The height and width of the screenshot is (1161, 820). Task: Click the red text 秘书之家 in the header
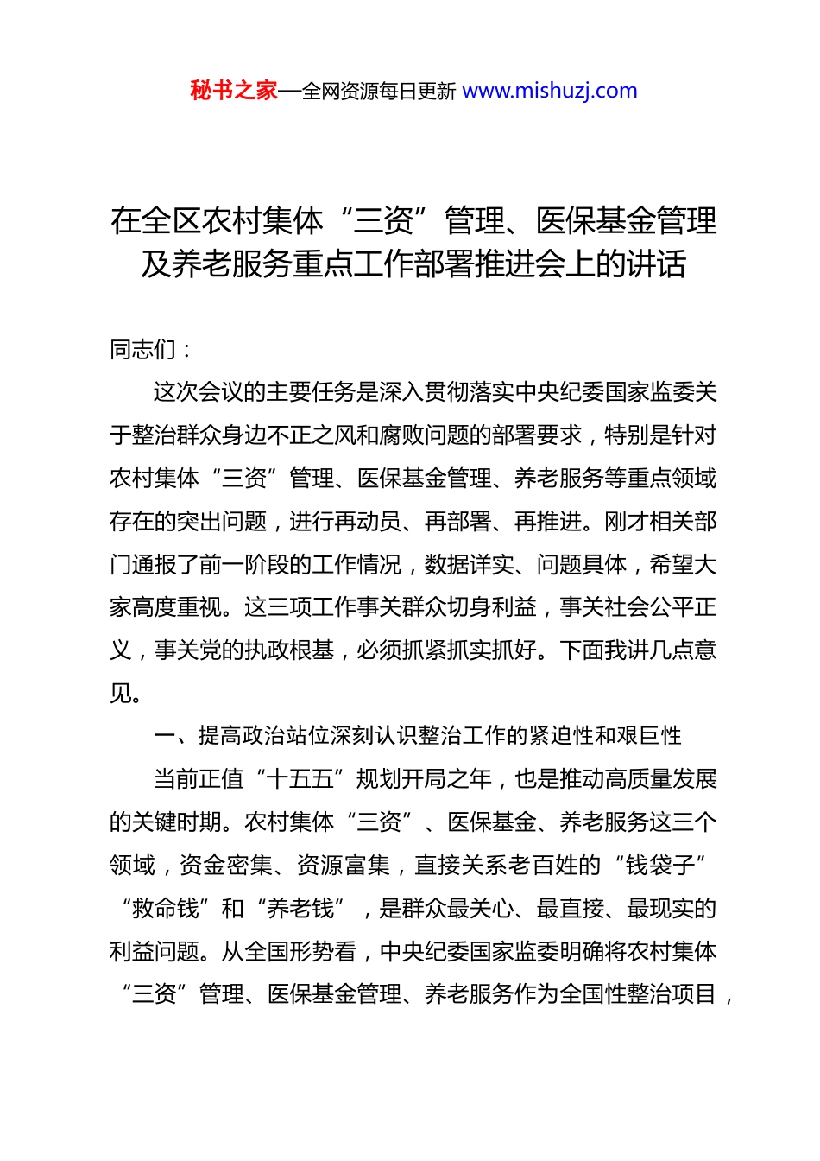coord(233,91)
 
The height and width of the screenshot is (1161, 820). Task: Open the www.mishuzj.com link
coord(550,91)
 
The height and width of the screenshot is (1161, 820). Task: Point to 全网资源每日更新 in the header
coord(379,92)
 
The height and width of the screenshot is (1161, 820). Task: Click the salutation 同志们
coord(143,350)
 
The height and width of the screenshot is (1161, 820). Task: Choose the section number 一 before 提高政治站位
coord(164,736)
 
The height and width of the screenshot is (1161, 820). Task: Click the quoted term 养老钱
coord(300,908)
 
